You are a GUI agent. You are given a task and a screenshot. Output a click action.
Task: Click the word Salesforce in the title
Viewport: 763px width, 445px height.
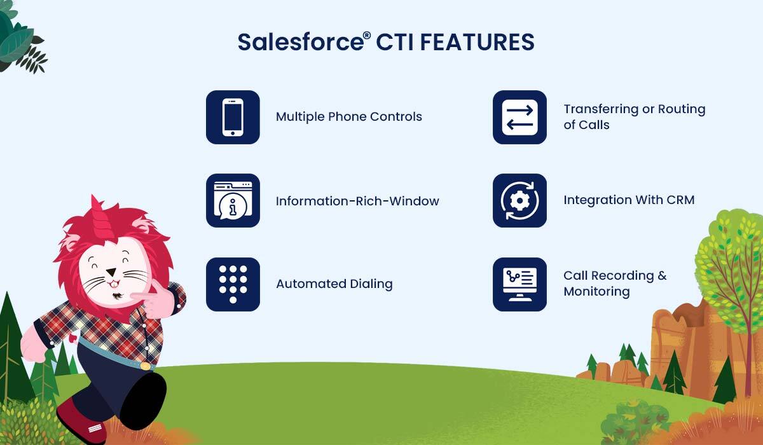(301, 42)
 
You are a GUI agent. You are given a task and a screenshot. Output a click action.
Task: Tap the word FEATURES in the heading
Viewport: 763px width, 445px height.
(478, 42)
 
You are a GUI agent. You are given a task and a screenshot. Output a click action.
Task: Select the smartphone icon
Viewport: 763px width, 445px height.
(233, 117)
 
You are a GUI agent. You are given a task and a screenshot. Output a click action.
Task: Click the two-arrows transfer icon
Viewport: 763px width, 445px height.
(520, 117)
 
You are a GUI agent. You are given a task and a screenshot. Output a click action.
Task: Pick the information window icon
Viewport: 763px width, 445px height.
(233, 200)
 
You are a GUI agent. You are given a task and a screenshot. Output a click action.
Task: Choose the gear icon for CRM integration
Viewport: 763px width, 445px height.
(520, 200)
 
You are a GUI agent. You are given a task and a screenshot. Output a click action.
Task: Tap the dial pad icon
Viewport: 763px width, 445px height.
(233, 284)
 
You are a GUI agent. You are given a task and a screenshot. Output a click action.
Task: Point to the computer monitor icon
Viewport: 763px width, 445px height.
(520, 284)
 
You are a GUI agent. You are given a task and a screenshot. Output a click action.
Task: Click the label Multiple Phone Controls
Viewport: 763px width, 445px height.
(349, 117)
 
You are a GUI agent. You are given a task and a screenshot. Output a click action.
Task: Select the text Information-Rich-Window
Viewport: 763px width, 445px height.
(357, 202)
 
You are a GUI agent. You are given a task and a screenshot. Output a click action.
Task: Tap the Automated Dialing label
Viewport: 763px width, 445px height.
(334, 284)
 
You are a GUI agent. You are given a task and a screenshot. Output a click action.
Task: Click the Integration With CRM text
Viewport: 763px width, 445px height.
(629, 200)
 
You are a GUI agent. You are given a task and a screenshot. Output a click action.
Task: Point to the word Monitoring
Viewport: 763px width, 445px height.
(596, 292)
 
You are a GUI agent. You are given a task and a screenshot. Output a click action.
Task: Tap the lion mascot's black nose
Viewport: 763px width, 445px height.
(111, 272)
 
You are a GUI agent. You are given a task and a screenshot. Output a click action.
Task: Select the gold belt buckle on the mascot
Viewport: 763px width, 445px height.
(144, 366)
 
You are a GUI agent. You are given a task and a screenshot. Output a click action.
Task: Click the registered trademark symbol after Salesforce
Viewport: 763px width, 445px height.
(366, 36)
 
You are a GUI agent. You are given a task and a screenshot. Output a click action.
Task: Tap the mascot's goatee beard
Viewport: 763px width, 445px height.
(118, 295)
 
